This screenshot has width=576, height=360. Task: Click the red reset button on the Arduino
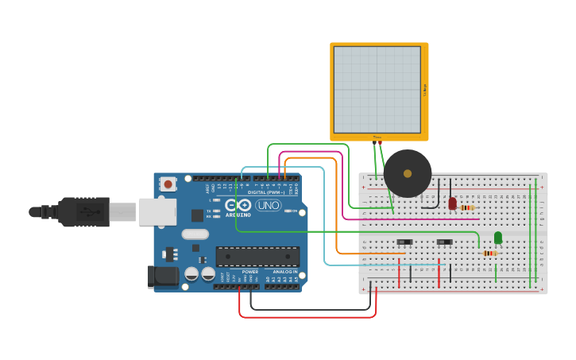tap(168, 184)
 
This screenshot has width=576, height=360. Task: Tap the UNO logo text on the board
tap(268, 205)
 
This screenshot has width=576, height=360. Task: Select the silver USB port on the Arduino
tap(157, 211)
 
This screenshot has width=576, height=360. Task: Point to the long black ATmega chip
tap(257, 256)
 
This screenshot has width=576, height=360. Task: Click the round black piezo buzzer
tap(408, 173)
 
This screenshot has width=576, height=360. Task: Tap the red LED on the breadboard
tap(452, 203)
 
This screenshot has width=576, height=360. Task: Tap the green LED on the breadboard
tap(498, 238)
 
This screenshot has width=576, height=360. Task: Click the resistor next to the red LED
tap(467, 207)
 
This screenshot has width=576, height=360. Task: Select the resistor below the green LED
tap(490, 253)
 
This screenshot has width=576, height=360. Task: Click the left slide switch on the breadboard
tap(404, 242)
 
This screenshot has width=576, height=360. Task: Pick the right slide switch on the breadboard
tap(444, 242)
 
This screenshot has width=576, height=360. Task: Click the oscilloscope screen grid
tap(377, 89)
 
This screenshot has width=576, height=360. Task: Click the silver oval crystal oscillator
tap(195, 234)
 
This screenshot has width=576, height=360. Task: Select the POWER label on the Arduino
tap(249, 272)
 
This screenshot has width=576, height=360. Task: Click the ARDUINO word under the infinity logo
tap(238, 215)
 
